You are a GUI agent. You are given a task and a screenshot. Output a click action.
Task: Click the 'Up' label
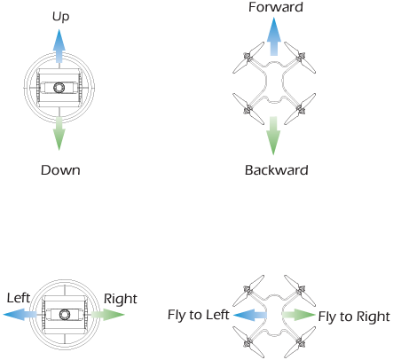click(x=60, y=17)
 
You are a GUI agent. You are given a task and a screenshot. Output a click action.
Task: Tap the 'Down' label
click(x=60, y=170)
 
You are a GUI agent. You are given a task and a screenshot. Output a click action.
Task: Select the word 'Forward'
click(x=276, y=7)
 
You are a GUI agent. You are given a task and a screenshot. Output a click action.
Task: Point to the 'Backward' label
click(x=277, y=170)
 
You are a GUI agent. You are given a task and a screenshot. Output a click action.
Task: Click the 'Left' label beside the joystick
click(x=19, y=298)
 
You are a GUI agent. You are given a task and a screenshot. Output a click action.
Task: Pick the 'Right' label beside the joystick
click(x=121, y=299)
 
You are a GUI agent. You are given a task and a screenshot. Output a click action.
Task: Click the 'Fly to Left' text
click(x=199, y=315)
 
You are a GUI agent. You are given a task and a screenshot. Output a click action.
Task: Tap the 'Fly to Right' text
click(x=354, y=317)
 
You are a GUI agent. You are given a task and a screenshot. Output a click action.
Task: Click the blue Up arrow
click(x=59, y=46)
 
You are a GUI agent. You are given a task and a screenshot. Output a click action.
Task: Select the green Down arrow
click(x=59, y=134)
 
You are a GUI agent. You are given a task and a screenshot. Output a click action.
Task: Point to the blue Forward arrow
click(x=274, y=36)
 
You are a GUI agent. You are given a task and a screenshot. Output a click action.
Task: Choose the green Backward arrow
click(x=273, y=136)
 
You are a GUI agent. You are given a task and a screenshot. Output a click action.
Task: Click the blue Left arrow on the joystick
click(x=20, y=314)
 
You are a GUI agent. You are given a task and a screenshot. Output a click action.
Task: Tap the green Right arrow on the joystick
click(x=107, y=314)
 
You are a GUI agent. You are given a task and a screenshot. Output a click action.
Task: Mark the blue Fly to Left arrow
click(x=250, y=315)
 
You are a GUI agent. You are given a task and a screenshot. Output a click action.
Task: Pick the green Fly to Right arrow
click(x=299, y=315)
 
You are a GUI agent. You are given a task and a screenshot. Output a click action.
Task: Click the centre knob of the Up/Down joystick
click(x=59, y=88)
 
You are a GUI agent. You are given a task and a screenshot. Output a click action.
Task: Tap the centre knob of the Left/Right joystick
click(x=65, y=315)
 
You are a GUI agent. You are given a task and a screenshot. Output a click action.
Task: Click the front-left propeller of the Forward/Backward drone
click(x=248, y=58)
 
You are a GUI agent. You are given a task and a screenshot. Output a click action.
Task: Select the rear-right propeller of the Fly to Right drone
click(x=300, y=342)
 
